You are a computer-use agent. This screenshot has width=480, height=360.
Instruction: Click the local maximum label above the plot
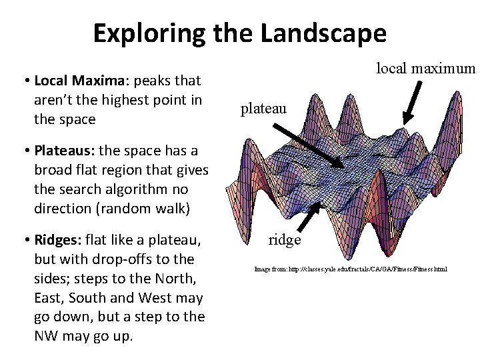click(x=426, y=68)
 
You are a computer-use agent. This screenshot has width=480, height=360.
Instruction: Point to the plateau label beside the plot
click(x=263, y=107)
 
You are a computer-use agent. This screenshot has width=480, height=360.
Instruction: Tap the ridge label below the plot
click(x=285, y=239)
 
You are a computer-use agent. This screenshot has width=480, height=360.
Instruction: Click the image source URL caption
click(x=350, y=269)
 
